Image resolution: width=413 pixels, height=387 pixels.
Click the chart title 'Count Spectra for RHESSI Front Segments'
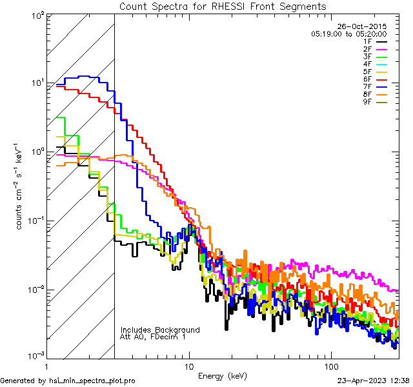tap(223, 6)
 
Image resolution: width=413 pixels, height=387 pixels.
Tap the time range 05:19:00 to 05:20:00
tap(348, 34)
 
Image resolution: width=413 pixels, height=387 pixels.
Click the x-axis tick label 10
tap(188, 365)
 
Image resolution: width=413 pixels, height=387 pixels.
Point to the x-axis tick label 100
tap(330, 365)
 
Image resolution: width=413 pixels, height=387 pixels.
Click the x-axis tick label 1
tap(48, 365)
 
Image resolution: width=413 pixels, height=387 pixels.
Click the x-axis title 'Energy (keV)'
tap(223, 375)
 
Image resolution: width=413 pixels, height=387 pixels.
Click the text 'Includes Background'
tap(160, 330)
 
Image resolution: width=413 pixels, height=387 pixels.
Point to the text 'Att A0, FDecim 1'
tap(153, 337)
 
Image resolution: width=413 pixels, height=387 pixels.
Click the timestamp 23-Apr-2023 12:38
tap(373, 381)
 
